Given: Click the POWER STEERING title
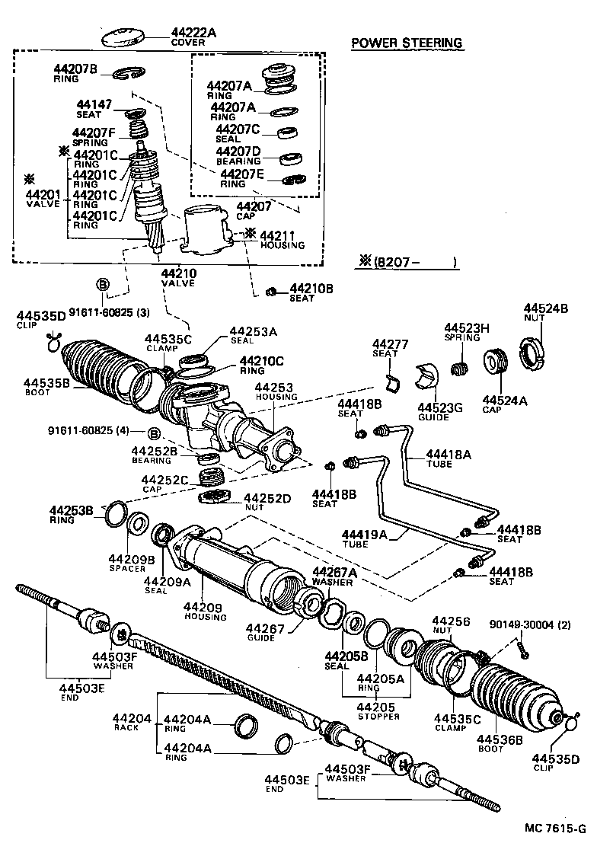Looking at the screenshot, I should (407, 43).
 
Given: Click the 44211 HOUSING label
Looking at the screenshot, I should (281, 240).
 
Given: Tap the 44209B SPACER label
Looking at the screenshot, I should (131, 564).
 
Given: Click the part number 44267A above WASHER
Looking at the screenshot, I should (331, 573).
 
